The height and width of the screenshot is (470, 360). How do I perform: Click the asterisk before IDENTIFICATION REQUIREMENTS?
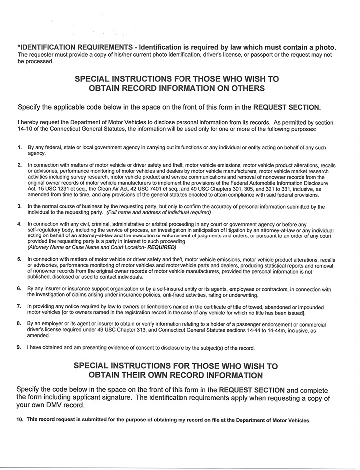coord(19,47)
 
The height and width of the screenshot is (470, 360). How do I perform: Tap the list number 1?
coord(19,148)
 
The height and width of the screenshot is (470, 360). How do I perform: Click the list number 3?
coord(19,206)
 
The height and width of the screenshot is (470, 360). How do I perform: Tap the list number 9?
coord(19,347)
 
